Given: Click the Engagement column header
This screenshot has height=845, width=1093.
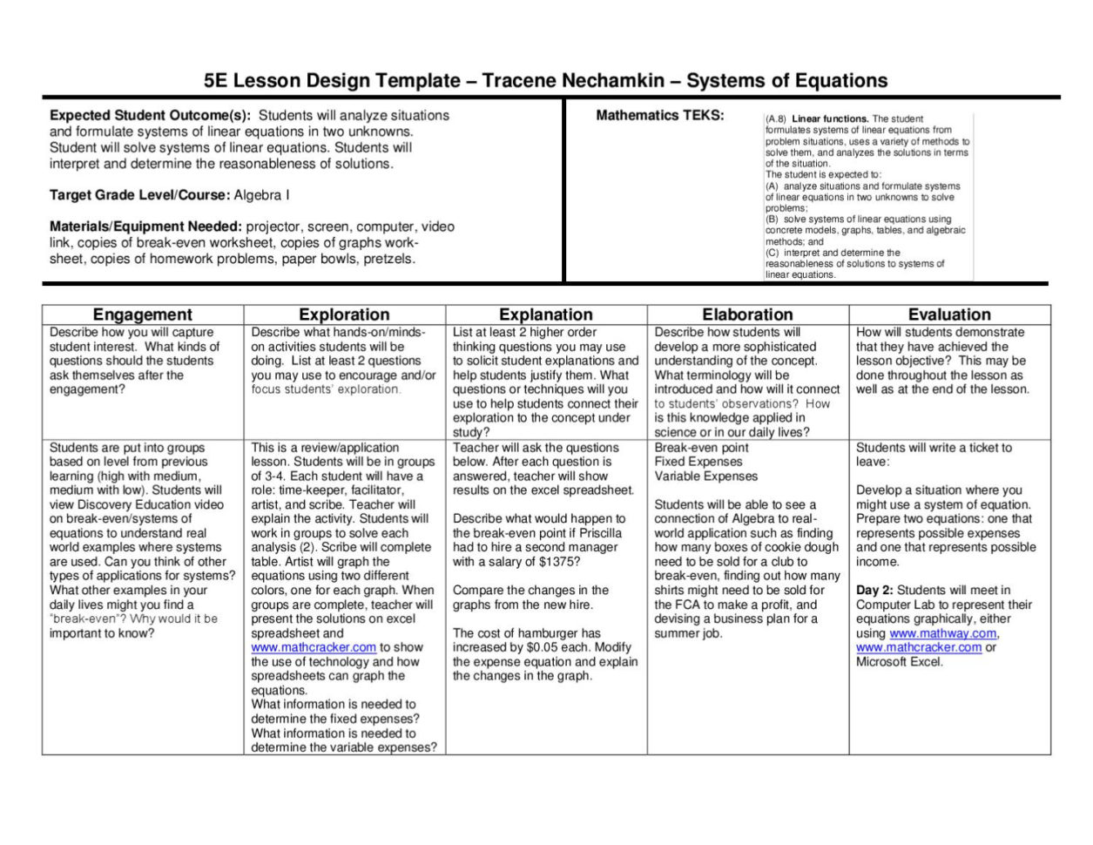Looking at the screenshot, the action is (142, 314).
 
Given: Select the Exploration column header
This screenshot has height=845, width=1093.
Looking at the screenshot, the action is (344, 314).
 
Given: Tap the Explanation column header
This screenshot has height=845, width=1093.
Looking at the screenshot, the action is (546, 314).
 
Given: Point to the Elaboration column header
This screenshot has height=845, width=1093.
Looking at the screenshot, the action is (747, 314).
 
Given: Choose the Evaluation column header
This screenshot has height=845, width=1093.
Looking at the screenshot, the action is (949, 314).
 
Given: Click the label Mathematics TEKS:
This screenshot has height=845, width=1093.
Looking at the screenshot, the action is (659, 115).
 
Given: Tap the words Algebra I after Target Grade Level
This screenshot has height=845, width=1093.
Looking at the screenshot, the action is (262, 195).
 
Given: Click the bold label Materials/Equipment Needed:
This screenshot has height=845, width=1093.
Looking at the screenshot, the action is (145, 226).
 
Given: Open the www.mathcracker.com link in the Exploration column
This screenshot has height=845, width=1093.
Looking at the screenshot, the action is (314, 647).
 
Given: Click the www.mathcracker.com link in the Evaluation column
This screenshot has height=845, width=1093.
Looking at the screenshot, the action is (918, 647).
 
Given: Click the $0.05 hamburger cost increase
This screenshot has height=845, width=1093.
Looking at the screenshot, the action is (548, 647).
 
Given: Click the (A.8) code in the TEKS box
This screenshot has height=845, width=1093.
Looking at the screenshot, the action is (776, 119).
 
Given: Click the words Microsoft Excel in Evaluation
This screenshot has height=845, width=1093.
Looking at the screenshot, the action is (900, 662).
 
